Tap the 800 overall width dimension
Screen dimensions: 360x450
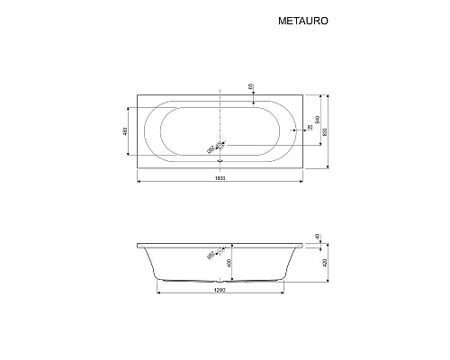[x=327, y=130]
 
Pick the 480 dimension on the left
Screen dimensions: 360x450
[x=123, y=132]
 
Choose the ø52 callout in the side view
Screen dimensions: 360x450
[x=210, y=256]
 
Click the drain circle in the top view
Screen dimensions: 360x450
[x=220, y=144]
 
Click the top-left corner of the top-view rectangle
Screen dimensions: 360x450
[x=134, y=92]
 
